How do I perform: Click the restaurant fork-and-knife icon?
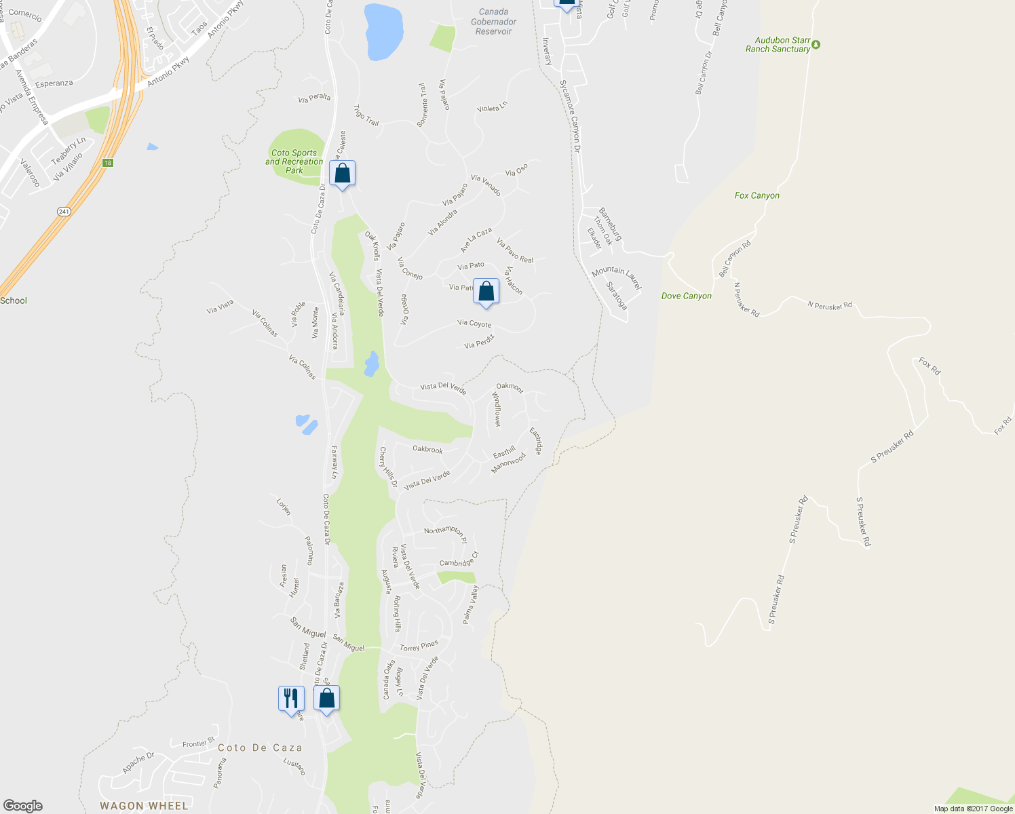(291, 698)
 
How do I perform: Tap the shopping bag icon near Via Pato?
(486, 291)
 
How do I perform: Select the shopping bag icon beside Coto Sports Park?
(343, 173)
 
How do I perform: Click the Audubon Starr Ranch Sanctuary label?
(778, 45)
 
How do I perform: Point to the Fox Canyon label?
(757, 195)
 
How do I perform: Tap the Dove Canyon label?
(686, 296)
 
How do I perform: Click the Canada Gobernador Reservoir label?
(493, 22)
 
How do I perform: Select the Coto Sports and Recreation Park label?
(294, 161)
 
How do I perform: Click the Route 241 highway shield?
(64, 212)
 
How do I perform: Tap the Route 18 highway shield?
(107, 163)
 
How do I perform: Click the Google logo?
(22, 806)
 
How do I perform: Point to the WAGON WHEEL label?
(144, 806)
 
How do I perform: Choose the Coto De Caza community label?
(260, 748)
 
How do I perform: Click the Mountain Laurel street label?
(616, 277)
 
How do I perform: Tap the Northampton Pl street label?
(446, 533)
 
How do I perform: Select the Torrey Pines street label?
(419, 646)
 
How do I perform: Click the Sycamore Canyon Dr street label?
(571, 115)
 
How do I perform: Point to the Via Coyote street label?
(474, 324)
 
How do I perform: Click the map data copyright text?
(973, 809)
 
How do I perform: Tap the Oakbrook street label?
(427, 449)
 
